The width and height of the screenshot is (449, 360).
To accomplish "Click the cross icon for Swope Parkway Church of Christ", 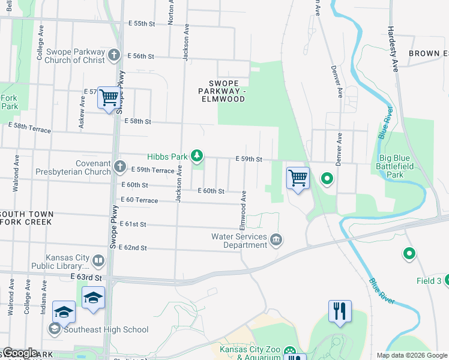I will tap(114, 56).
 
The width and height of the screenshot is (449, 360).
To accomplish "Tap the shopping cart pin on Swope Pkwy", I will tap(109, 97).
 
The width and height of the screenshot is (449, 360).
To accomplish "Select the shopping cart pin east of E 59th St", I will tap(298, 178).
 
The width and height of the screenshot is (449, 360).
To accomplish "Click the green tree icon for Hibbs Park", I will tap(197, 157).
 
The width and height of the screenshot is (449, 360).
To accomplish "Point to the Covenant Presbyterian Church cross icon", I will tap(120, 166).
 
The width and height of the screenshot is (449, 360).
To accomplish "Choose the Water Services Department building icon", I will tap(276, 241).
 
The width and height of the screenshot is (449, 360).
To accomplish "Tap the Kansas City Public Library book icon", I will tap(98, 261).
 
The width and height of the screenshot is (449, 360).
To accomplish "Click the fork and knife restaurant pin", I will tap(340, 311).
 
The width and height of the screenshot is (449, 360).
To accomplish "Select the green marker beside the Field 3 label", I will tap(409, 254).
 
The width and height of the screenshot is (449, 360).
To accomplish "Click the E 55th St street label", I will tap(142, 23).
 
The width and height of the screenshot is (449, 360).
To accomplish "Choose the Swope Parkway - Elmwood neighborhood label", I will tap(228, 91).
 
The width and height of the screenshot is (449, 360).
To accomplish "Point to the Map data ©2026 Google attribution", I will tap(412, 355).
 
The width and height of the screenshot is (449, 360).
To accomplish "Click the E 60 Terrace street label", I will tap(139, 200).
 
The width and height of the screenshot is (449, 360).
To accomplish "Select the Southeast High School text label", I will tap(106, 329).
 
